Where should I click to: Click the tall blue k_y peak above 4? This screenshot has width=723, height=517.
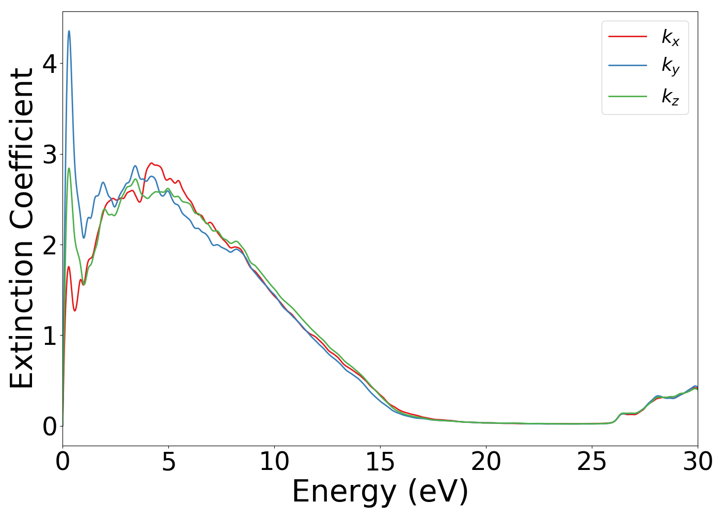(x=69, y=32)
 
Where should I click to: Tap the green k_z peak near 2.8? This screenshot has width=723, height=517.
(x=69, y=169)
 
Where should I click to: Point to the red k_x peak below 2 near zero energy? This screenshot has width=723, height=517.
(x=68, y=267)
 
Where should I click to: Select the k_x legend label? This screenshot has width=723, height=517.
(x=670, y=37)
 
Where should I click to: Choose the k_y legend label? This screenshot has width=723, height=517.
(x=670, y=66)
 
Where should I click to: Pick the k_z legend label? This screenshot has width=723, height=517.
(x=670, y=96)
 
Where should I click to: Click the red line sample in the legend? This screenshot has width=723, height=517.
(x=627, y=36)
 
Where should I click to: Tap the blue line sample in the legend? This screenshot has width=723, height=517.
(x=627, y=66)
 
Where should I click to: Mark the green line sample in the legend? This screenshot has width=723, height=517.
(x=627, y=96)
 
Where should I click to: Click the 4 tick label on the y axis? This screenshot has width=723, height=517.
(x=50, y=64)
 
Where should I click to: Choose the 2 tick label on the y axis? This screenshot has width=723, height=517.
(x=50, y=245)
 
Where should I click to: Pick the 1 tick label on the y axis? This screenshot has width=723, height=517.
(x=50, y=336)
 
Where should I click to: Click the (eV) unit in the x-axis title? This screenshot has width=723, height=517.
(x=438, y=492)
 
